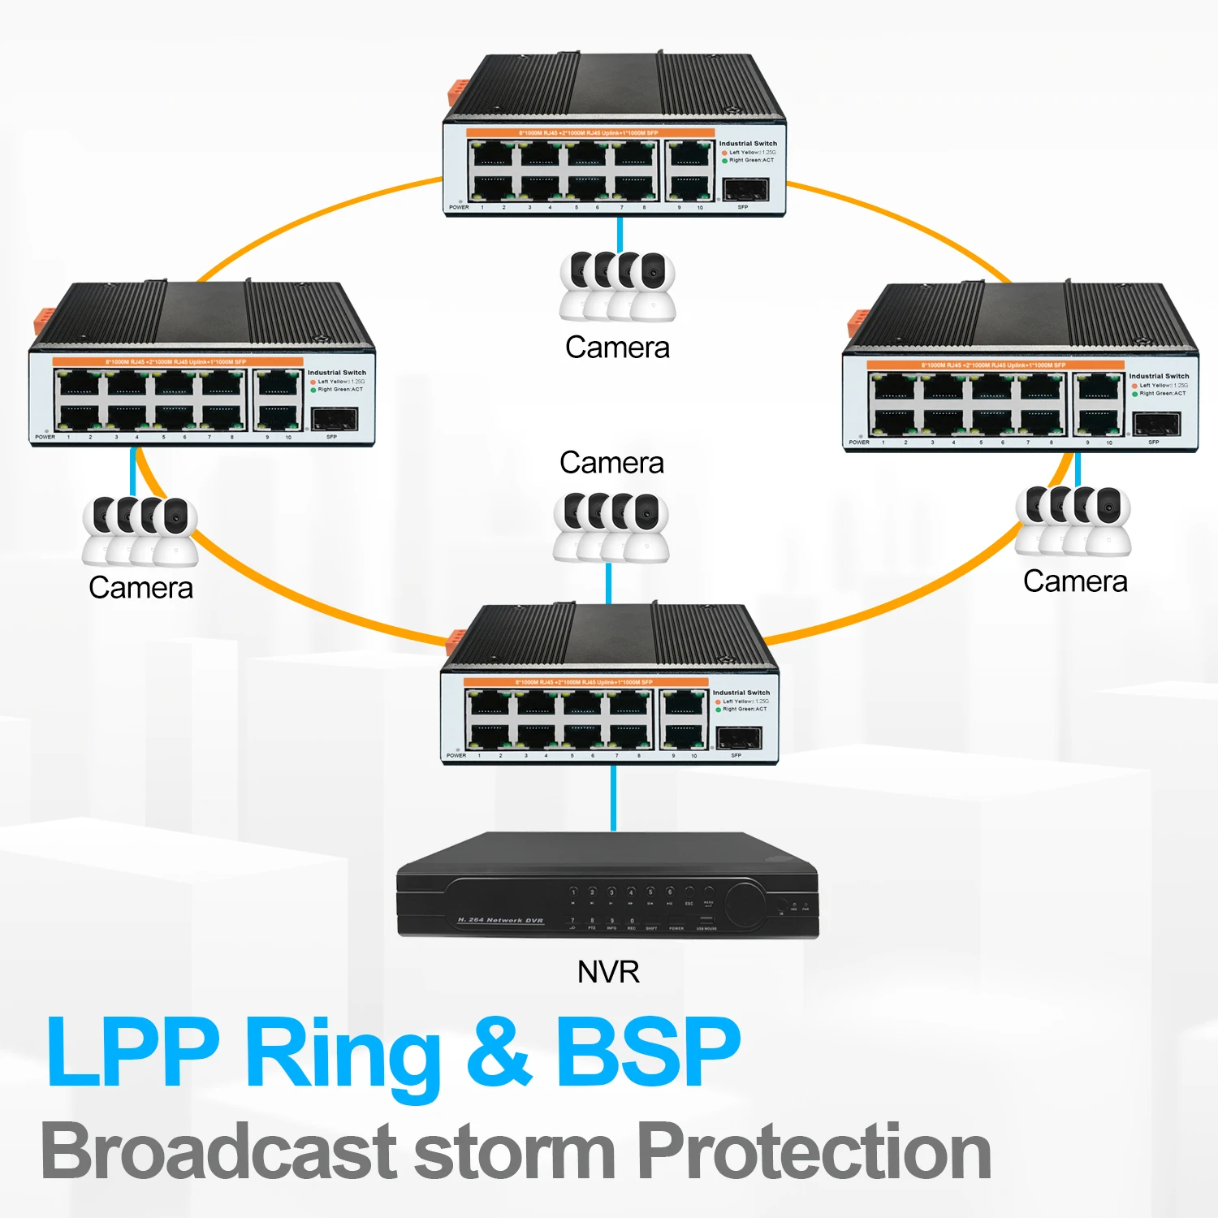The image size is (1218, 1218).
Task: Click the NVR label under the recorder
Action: point(608,972)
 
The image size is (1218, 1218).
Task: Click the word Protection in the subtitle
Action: point(813,1151)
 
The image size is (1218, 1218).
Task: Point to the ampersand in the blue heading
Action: point(499,1053)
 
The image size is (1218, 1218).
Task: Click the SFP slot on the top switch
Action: point(745,190)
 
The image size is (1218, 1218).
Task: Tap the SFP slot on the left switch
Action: point(335,420)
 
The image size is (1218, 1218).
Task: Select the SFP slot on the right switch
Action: point(1156,425)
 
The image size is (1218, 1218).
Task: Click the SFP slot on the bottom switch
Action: point(738,738)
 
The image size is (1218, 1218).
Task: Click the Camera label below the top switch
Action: point(617,348)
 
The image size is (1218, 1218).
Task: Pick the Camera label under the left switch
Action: point(140,588)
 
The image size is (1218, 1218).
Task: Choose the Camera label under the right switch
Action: point(1075,581)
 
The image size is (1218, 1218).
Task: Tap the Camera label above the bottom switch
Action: point(611,463)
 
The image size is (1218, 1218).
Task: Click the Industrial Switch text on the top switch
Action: point(748,144)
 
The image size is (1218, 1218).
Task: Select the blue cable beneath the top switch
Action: point(620,235)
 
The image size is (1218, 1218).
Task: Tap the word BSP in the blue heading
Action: point(648,1053)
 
